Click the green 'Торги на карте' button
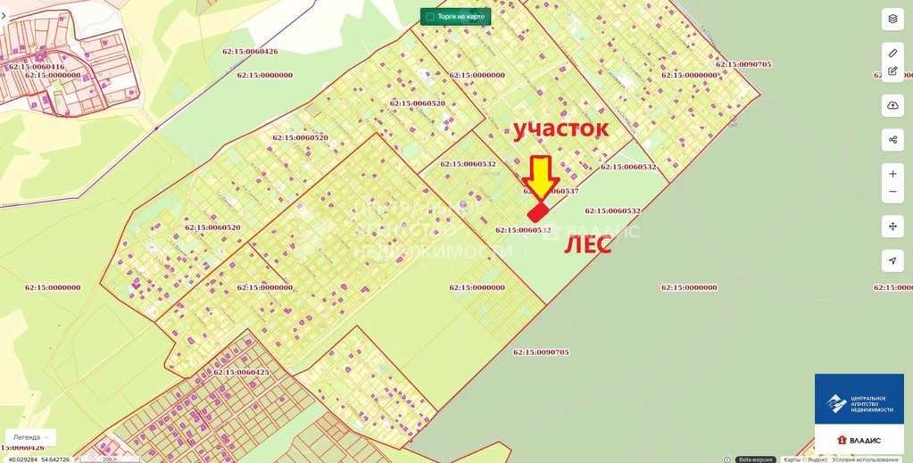tap(455, 16)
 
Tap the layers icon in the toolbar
tap(892, 19)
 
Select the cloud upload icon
tap(892, 105)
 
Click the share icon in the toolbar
tap(892, 139)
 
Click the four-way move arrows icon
tap(892, 226)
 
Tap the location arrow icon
tap(892, 260)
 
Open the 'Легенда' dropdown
tap(30, 437)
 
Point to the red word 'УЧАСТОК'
tap(560, 128)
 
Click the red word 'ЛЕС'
tap(586, 245)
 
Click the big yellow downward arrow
tap(540, 177)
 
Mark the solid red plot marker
tap(538, 211)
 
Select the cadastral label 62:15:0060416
tap(36, 67)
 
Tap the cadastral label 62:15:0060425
tap(241, 372)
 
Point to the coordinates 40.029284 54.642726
tap(39, 459)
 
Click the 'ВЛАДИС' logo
tap(859, 441)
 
